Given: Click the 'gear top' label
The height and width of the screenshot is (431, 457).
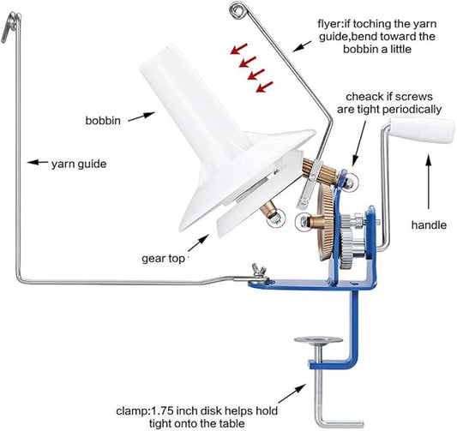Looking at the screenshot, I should point(165,256).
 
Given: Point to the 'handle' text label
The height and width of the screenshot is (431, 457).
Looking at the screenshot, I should point(428,224).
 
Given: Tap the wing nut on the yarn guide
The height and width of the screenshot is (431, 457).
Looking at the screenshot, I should point(255,274).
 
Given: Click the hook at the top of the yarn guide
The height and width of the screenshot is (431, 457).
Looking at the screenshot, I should point(9,31).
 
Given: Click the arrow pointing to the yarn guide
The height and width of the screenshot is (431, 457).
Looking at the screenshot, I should point(37,160).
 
